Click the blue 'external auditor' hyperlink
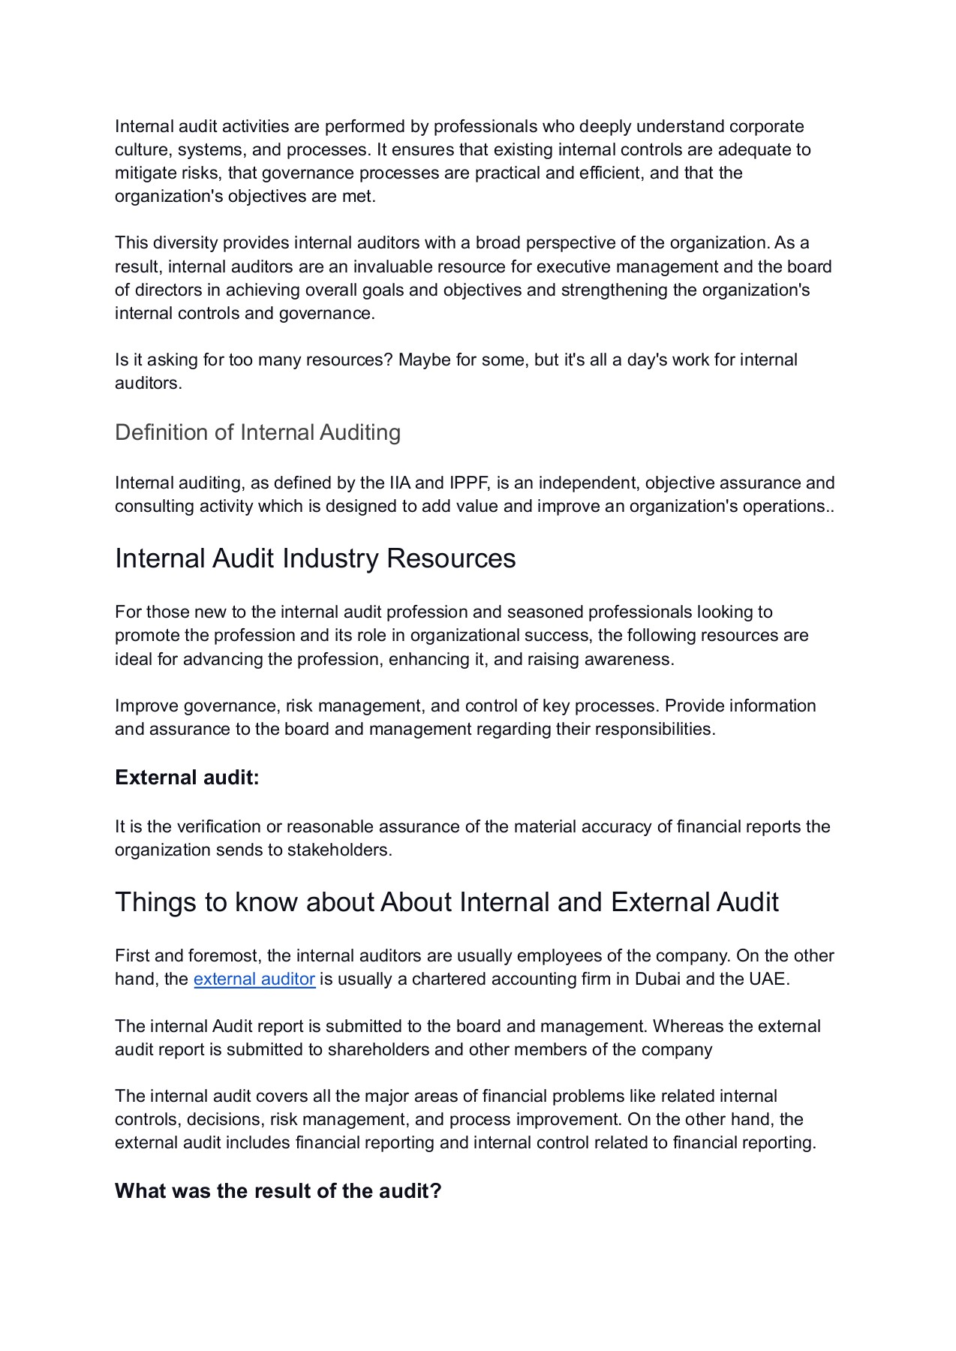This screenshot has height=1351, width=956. [254, 979]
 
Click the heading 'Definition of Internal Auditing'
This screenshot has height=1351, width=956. [257, 433]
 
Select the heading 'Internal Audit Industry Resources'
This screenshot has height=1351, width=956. [315, 559]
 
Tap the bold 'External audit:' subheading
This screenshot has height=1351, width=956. [187, 778]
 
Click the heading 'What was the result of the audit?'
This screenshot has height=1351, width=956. [278, 1191]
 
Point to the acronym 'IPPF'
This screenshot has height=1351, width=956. [469, 483]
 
